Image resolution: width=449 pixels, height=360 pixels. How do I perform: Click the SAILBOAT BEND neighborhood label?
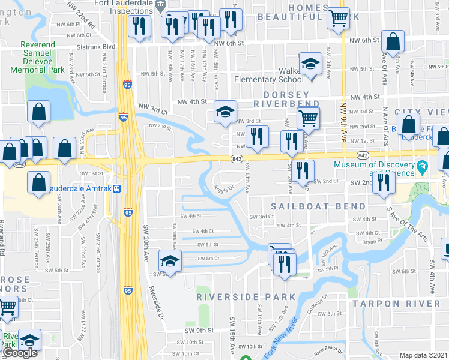pyautogui.click(x=318, y=206)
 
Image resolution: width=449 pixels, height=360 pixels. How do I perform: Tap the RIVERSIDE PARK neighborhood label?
pyautogui.click(x=247, y=297)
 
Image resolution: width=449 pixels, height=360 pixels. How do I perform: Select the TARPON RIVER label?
pyautogui.click(x=396, y=304)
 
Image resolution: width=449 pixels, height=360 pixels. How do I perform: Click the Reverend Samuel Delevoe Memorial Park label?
pyautogui.click(x=42, y=58)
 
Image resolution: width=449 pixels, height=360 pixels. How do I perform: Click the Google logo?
pyautogui.click(x=20, y=353)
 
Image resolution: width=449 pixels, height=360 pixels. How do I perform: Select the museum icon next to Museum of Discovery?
pyautogui.click(x=423, y=166)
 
